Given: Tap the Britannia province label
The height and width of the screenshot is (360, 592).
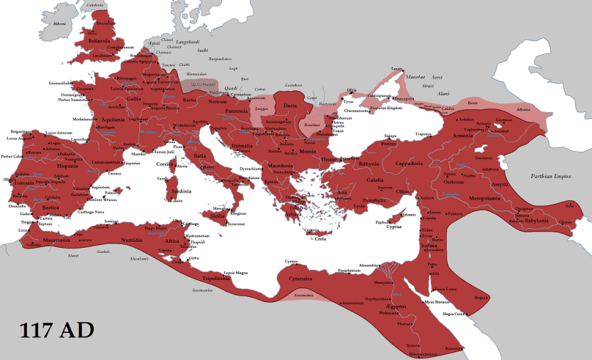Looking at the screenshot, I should (x=98, y=42).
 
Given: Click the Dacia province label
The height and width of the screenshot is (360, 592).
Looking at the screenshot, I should (x=289, y=106).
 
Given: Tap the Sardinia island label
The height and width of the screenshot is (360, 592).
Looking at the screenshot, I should (x=180, y=191).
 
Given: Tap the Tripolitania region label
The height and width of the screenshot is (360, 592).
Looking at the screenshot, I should (x=220, y=279).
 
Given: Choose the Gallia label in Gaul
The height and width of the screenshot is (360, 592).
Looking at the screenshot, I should (x=133, y=98).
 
